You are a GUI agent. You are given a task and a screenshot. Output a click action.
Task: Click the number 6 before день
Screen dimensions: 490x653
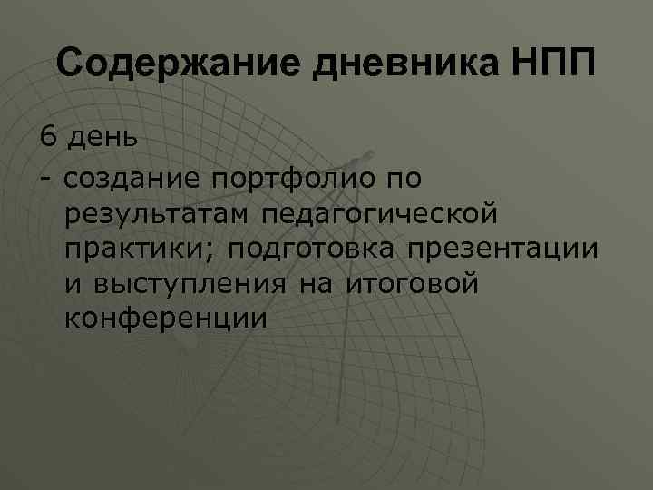[x=47, y=138]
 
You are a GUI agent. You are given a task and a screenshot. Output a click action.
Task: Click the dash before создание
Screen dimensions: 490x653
[x=44, y=178]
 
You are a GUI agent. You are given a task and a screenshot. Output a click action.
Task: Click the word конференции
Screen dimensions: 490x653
[x=166, y=318]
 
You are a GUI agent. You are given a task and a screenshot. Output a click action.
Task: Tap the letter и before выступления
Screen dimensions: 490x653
[x=73, y=284]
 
